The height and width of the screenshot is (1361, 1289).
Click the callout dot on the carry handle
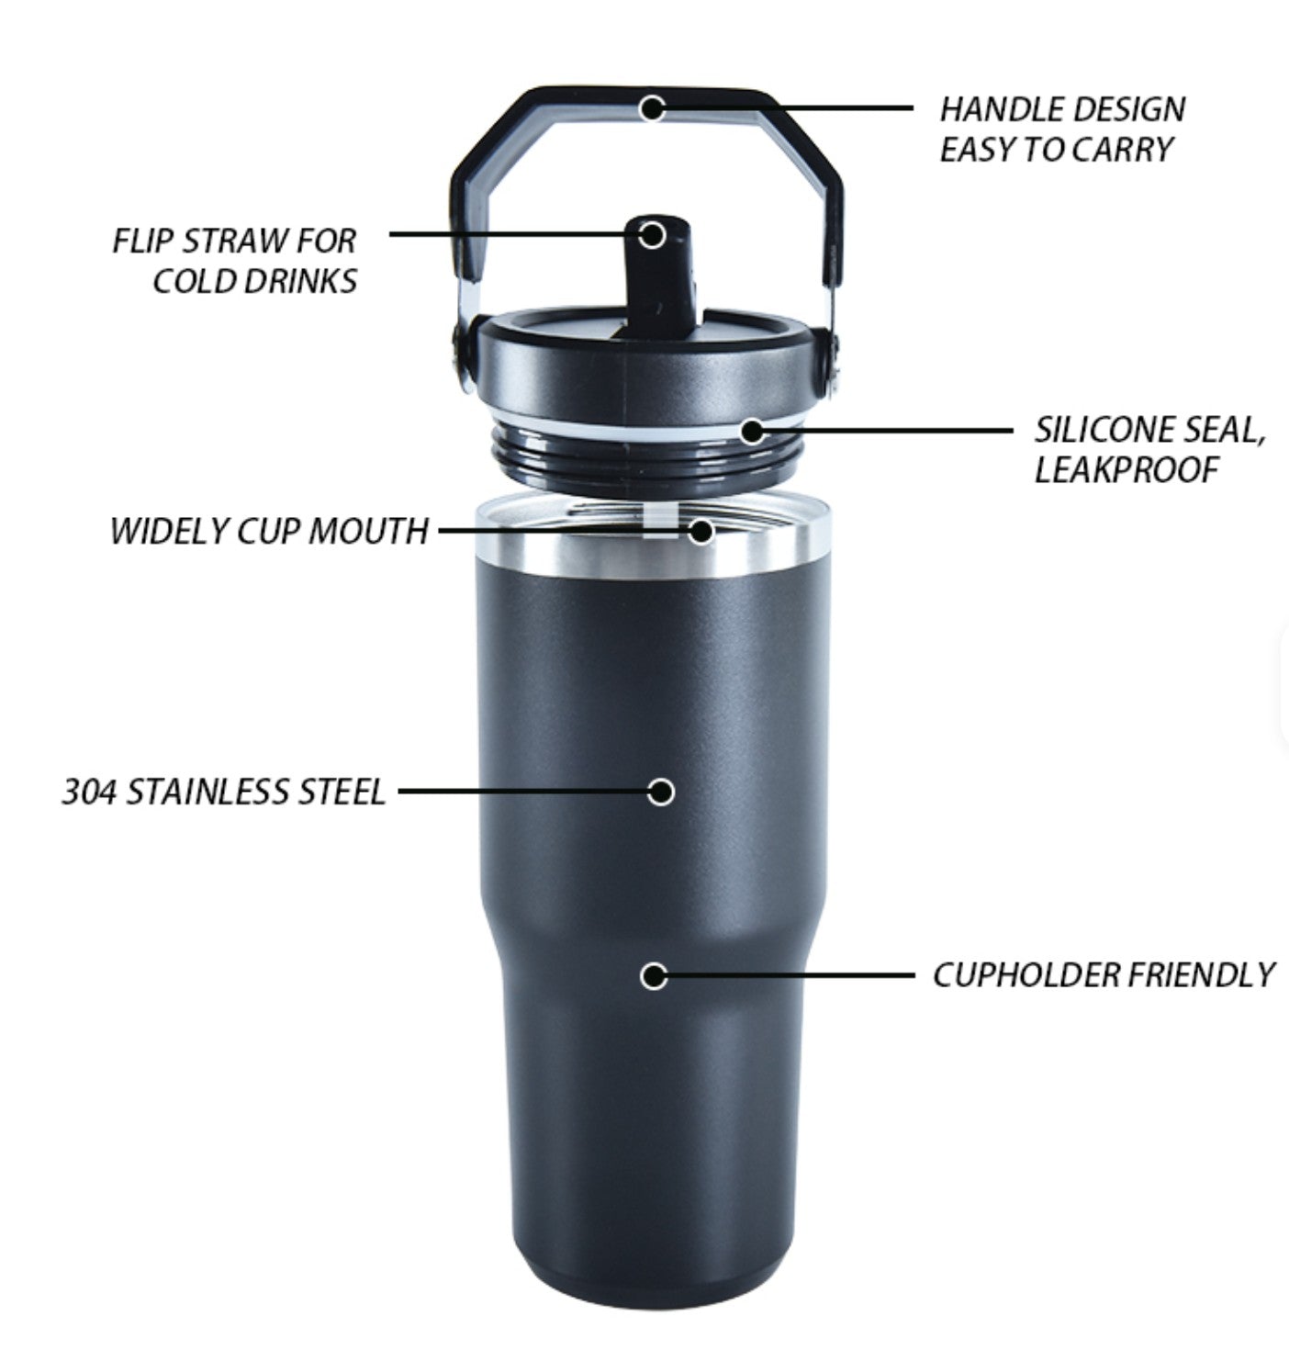click(652, 108)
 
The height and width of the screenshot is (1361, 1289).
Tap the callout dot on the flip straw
click(652, 235)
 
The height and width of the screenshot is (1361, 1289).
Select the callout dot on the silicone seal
click(753, 432)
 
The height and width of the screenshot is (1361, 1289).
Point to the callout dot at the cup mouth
click(701, 531)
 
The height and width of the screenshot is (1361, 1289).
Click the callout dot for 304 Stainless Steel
click(660, 792)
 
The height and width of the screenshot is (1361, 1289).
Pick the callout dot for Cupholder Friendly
click(654, 976)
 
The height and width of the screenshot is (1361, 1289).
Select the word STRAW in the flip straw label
click(235, 241)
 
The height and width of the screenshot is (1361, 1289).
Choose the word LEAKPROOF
click(1126, 471)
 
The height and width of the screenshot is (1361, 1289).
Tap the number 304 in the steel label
click(89, 792)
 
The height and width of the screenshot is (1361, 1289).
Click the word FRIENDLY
click(1200, 975)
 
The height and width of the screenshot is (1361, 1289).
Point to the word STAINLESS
click(207, 792)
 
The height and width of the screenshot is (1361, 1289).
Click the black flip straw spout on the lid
click(657, 275)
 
